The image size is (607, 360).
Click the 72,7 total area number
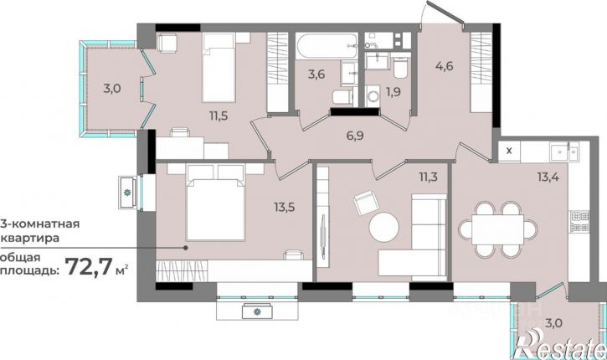tap(90, 266)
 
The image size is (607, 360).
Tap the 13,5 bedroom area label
tap(285, 207)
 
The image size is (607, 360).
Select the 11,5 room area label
tap(219, 116)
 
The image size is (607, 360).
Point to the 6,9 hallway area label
tap(355, 136)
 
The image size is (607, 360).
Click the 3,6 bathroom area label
tap(316, 74)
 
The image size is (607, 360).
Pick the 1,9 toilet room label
tap(393, 92)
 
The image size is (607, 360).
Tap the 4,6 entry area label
tap(444, 66)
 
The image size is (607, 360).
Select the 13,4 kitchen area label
tap(548, 177)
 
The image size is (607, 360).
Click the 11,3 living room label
tap(428, 177)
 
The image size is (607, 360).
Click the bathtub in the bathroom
tap(326, 46)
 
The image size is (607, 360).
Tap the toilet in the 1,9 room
tap(399, 67)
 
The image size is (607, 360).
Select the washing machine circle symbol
tap(375, 95)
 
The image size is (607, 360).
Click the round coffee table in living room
tap(383, 227)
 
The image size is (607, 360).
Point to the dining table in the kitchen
tap(497, 229)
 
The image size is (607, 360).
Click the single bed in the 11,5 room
tap(219, 67)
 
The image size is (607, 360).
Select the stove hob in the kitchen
tap(579, 222)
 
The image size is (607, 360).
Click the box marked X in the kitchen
tap(509, 151)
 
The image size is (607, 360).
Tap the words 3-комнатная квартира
tap(39, 231)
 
